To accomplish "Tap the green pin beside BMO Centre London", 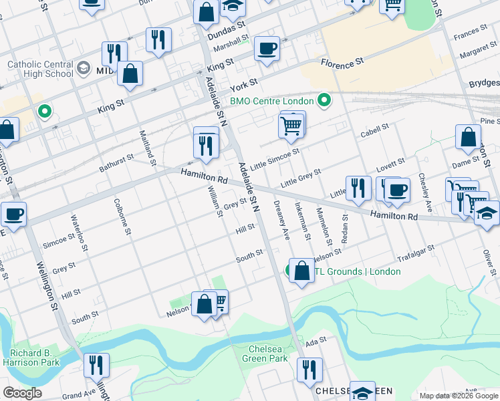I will (324, 101).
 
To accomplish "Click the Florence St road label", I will (342, 61).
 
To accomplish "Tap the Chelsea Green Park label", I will (267, 354).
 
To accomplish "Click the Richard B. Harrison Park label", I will (34, 358).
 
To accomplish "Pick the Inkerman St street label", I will (302, 221).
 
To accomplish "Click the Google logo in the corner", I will (22, 393).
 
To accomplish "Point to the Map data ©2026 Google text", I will (458, 396).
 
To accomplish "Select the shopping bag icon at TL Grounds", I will (301, 271).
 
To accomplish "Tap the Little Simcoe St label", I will (275, 156).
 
